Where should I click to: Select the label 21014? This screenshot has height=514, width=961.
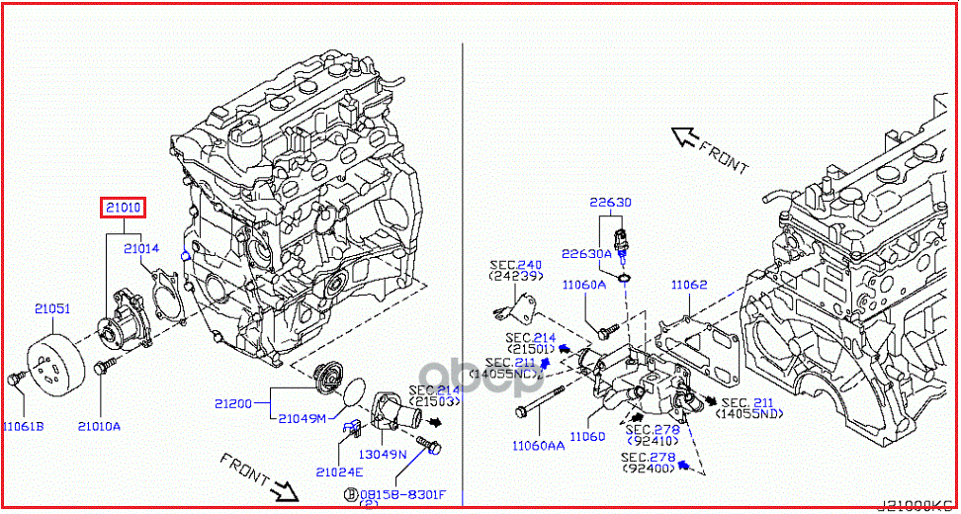pyautogui.click(x=141, y=249)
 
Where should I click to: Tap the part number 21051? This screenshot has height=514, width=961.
pyautogui.click(x=52, y=308)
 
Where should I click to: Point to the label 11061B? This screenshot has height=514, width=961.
pyautogui.click(x=23, y=426)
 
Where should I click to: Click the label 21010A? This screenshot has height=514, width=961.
pyautogui.click(x=99, y=426)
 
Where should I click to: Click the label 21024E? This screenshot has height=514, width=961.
pyautogui.click(x=340, y=471)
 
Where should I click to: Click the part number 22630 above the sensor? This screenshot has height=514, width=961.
pyautogui.click(x=611, y=202)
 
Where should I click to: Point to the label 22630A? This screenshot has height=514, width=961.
pyautogui.click(x=587, y=253)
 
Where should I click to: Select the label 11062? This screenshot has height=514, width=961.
pyautogui.click(x=689, y=285)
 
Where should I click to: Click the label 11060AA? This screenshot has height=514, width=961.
pyautogui.click(x=538, y=446)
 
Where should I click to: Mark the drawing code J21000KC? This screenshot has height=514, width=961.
pyautogui.click(x=917, y=505)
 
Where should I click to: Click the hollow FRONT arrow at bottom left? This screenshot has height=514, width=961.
pyautogui.click(x=285, y=487)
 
